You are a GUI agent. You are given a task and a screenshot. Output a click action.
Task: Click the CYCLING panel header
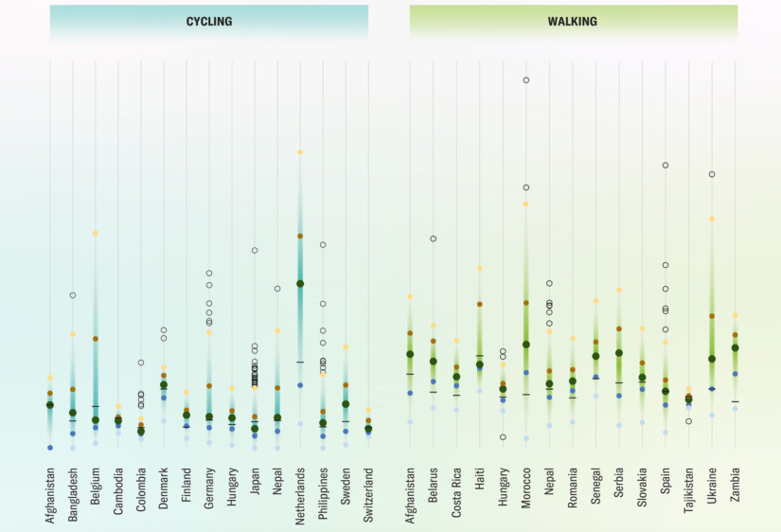point(209,21)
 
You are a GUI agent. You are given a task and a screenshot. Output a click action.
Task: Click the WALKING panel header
point(573,21)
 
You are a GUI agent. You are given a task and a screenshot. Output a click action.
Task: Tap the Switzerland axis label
point(368,493)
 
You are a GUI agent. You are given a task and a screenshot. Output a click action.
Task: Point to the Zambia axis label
point(735,486)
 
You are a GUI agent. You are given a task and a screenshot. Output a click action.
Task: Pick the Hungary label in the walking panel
point(503,487)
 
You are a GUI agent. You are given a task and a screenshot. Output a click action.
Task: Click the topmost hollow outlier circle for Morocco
point(526,80)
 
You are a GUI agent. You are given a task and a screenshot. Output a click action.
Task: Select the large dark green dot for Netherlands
point(300,283)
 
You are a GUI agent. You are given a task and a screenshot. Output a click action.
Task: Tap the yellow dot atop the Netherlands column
point(300,151)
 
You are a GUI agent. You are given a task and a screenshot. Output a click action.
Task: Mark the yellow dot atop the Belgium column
point(96,233)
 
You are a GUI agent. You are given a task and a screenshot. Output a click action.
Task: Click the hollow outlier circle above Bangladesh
point(73,295)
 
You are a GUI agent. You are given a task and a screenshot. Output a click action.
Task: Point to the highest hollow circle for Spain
point(666,166)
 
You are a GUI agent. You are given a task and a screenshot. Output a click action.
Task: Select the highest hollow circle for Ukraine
point(712,174)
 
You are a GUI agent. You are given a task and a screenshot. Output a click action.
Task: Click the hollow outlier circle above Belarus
point(434,239)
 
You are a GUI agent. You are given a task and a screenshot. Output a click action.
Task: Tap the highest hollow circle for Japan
point(255,250)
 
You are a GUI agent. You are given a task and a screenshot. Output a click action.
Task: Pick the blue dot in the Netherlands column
point(300,385)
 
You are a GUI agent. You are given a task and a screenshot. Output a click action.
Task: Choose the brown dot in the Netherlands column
point(300,236)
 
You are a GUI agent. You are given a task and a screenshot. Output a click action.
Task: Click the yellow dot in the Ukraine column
point(712,219)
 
